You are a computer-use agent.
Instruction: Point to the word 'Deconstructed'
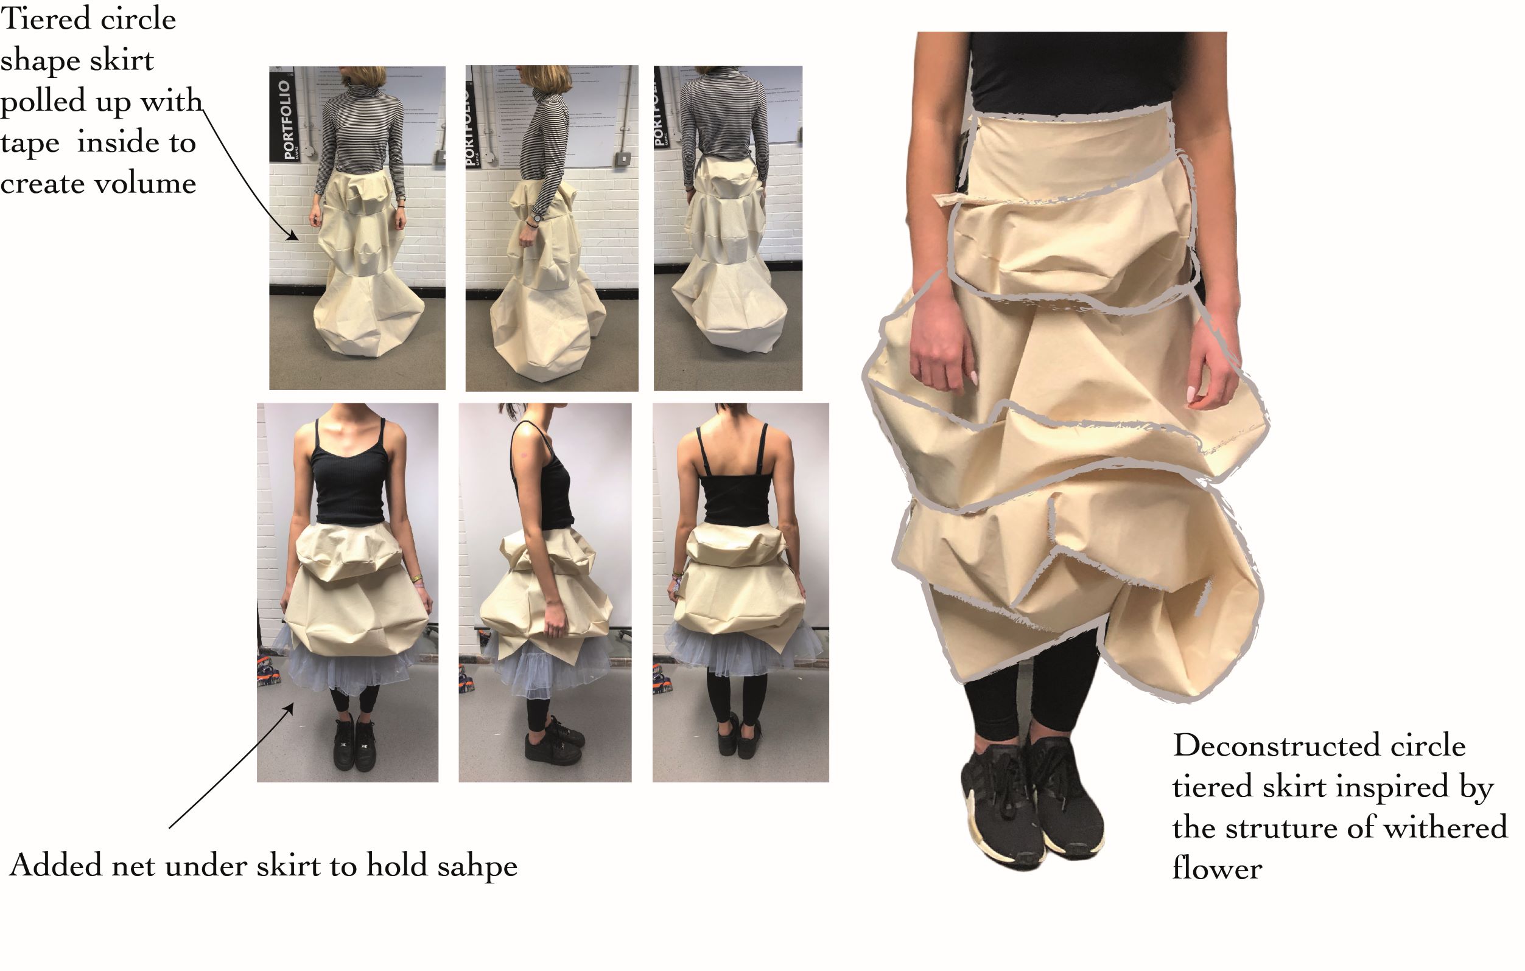click(x=1276, y=746)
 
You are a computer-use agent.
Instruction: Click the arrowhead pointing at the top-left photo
click(x=292, y=235)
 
